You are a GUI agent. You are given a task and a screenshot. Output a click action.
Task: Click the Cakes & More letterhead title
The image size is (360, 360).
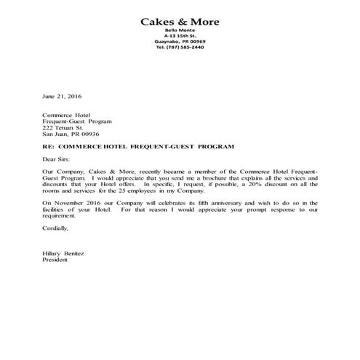point(179,20)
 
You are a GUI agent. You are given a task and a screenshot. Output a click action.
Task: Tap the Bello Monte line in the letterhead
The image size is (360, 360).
point(179,30)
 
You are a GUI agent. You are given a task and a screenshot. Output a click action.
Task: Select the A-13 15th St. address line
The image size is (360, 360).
point(179,36)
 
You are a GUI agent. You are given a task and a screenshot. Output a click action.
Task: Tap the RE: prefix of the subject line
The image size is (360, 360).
point(48,147)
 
